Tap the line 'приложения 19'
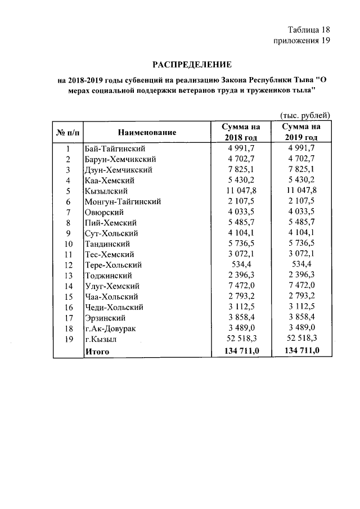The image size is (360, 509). (301, 40)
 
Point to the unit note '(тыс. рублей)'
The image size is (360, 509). (304, 115)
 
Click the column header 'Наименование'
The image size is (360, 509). (147, 132)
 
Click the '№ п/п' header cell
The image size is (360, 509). (67, 132)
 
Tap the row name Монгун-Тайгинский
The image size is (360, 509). (123, 201)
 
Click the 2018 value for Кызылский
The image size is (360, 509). (241, 191)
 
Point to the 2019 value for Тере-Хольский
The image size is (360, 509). (301, 265)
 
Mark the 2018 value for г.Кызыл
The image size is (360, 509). (241, 339)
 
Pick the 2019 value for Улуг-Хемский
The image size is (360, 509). (301, 286)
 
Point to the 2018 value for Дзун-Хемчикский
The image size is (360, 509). (241, 170)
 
